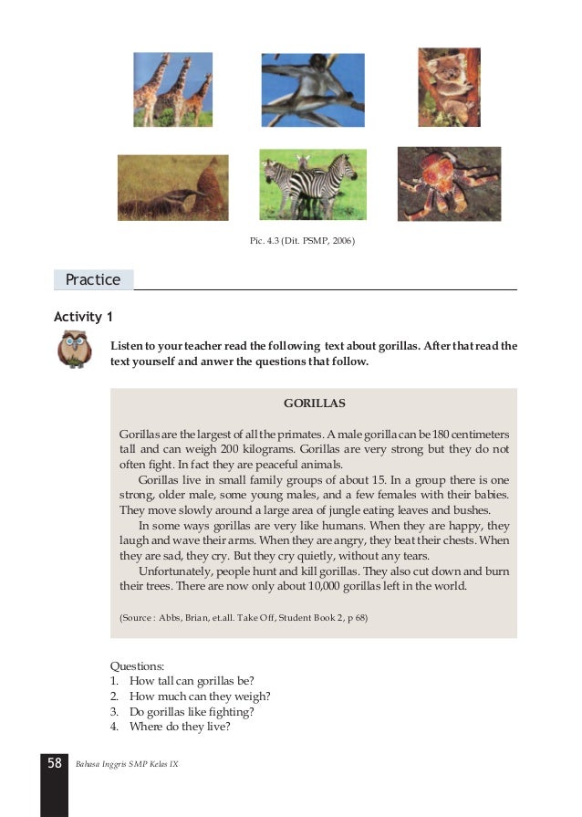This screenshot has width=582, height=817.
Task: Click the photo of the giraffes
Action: click(x=172, y=89)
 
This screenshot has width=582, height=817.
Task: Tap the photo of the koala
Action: click(x=449, y=87)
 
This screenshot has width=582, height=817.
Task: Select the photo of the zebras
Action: click(x=313, y=184)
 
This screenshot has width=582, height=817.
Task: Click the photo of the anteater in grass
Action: click(x=172, y=187)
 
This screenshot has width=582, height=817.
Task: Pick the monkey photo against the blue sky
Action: click(x=313, y=89)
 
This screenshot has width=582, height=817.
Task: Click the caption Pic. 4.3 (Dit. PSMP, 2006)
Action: click(x=302, y=241)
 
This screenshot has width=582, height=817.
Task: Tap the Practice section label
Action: click(x=93, y=279)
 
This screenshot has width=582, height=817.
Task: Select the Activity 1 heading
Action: click(x=83, y=317)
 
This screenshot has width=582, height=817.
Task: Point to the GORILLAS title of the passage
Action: click(x=314, y=403)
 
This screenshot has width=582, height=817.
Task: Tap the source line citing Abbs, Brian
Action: click(x=243, y=618)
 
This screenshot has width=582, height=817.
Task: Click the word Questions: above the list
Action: click(x=137, y=667)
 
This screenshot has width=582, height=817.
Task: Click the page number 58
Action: click(x=54, y=762)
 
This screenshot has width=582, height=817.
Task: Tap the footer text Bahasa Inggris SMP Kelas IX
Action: click(x=127, y=763)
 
